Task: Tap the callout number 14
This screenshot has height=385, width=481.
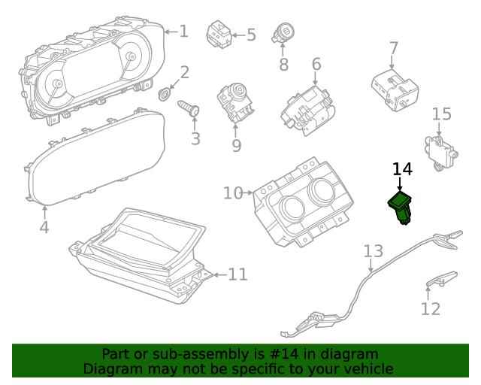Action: (402, 170)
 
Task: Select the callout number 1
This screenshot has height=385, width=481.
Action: (184, 32)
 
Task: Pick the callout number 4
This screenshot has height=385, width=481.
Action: (44, 226)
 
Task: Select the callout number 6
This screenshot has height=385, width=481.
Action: (316, 65)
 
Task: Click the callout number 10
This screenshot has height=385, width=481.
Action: (232, 193)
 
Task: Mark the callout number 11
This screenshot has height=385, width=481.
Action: (237, 274)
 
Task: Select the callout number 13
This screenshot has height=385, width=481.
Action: (374, 250)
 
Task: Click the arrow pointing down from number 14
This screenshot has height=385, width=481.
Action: (400, 184)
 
